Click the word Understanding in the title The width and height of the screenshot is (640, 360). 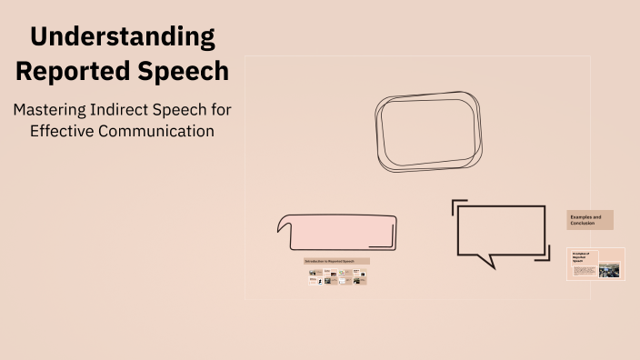pos(122,37)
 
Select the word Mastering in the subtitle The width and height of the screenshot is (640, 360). pos(49,109)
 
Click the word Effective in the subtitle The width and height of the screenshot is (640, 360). pos(63,131)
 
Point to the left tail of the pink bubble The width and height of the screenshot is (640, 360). pos(281,222)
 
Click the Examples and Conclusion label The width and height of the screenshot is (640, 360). pos(590,220)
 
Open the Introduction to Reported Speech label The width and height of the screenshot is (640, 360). pos(336,261)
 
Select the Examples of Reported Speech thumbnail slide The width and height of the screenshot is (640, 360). pos(595,264)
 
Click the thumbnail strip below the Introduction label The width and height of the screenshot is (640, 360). pos(336,277)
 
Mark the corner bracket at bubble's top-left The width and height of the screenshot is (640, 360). pos(458,205)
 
